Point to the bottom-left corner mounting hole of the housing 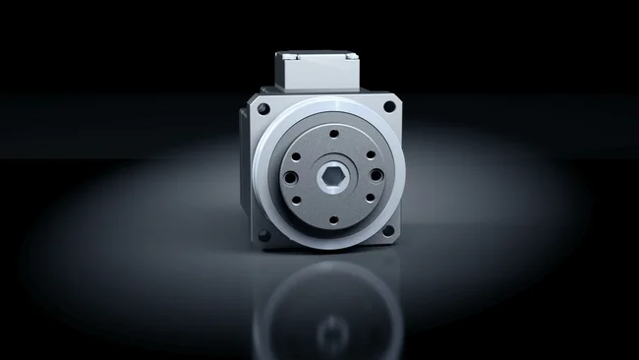click(x=263, y=234)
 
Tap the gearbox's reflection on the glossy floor click(x=324, y=305)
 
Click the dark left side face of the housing click(x=244, y=172)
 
